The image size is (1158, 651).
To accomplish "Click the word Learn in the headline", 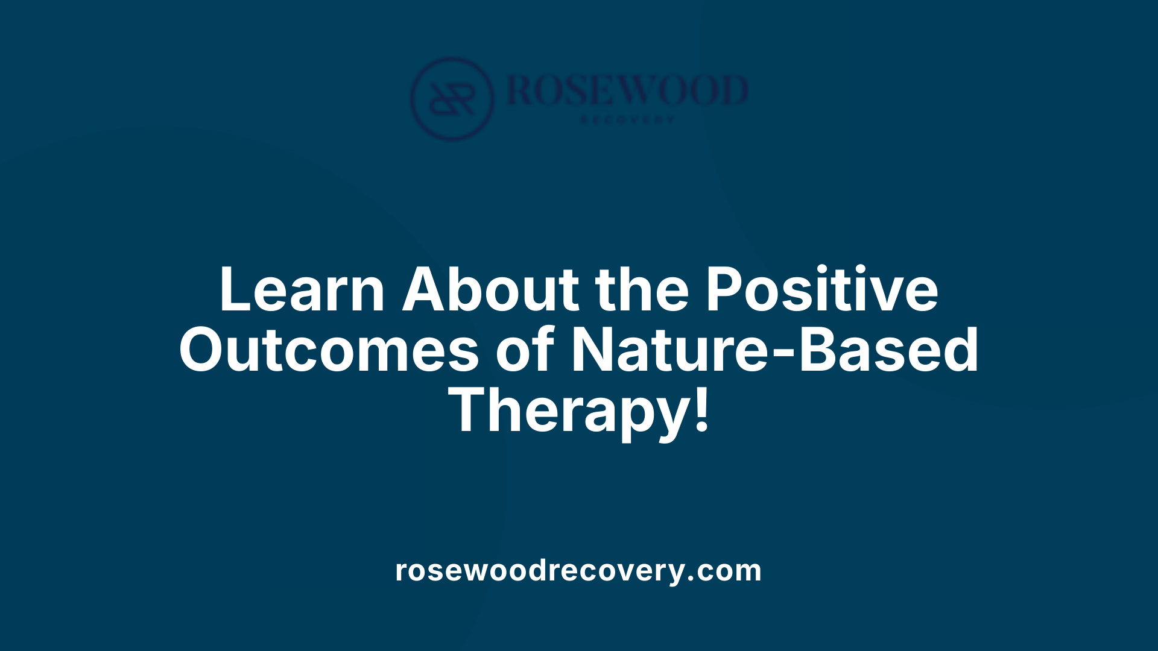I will pos(302,290).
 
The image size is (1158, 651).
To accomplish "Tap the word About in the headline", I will pos(490,290).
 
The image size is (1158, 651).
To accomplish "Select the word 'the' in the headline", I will pos(642,290).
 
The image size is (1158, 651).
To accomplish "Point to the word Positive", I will pos(821,290).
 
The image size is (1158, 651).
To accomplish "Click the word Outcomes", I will pos(329,350).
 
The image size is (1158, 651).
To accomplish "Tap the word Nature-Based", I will pos(774,350).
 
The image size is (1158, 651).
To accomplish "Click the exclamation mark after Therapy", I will pos(701,410).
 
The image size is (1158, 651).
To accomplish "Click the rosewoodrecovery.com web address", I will pos(578,570).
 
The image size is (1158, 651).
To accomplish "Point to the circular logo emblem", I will pos(452,99).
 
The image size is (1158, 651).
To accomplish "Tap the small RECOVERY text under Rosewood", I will pos(627,120).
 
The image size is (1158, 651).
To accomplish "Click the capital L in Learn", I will pos(235,290).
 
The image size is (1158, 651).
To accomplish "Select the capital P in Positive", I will pos(724,290).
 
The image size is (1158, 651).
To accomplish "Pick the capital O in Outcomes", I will pos(205,350).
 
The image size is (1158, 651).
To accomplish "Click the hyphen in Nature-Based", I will pos(785,354).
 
